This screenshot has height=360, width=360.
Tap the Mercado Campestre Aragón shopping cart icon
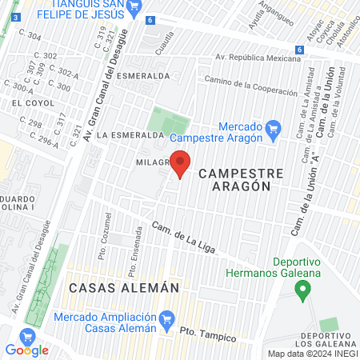coord(273,126)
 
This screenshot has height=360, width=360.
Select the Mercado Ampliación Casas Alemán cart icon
coord(166,322)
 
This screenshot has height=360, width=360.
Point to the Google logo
coord(26,350)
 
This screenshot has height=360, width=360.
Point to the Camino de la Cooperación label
coord(250,86)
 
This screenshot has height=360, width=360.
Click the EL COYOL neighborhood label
coord(26,103)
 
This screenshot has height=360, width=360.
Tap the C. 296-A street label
coord(43,140)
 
